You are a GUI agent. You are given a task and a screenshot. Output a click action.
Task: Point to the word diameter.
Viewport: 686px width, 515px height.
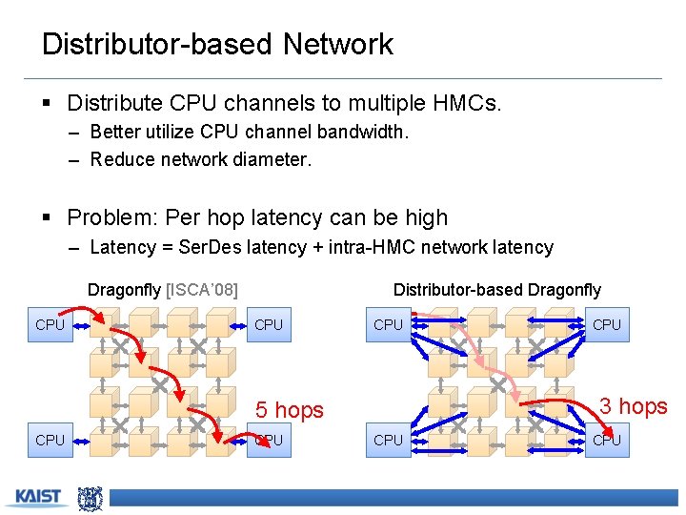[x=271, y=159]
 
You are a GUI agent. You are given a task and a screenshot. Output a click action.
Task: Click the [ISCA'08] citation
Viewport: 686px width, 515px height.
[x=202, y=289]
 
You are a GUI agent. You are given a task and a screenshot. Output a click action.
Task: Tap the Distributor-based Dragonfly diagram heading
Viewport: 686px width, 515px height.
[x=497, y=289]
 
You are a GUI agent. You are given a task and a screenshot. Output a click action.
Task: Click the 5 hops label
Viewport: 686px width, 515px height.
[x=289, y=410]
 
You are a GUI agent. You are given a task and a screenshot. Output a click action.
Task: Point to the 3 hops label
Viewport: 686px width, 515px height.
[x=633, y=406]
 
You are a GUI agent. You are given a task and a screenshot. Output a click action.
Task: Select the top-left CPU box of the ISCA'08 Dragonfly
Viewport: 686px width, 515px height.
[x=50, y=325]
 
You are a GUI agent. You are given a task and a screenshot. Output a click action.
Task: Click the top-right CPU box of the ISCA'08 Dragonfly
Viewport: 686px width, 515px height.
[x=269, y=325]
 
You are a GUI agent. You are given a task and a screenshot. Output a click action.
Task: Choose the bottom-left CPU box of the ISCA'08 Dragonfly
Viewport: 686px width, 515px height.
[x=50, y=440]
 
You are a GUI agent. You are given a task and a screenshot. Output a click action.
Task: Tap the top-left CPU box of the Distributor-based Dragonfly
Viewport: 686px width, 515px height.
[x=388, y=325]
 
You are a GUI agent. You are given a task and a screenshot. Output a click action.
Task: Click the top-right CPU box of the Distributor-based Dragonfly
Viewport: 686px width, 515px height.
[x=607, y=325]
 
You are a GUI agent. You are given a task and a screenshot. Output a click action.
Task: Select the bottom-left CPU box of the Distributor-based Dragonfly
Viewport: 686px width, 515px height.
[x=388, y=440]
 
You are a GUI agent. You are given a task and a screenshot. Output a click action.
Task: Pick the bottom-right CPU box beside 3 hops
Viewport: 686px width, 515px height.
[x=607, y=440]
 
